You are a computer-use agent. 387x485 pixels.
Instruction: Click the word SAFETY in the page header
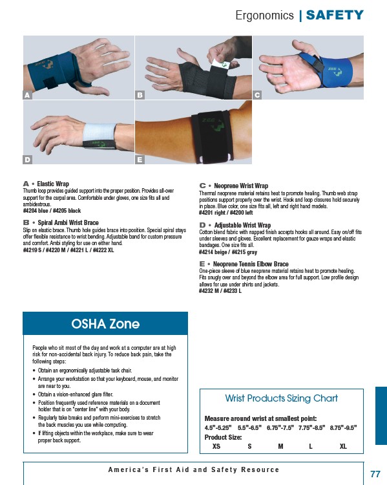click(335, 15)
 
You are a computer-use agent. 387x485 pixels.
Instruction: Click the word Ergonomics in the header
click(265, 16)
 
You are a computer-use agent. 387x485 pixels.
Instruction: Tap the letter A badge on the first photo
click(27, 95)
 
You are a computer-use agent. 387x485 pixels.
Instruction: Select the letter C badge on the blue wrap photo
click(257, 95)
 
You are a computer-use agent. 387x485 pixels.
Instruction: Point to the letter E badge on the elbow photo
click(140, 160)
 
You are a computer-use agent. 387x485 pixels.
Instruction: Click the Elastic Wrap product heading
click(53, 184)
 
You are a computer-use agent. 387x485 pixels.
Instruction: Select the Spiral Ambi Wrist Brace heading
click(68, 222)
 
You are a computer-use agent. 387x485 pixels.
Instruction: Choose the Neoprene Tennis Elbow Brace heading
click(251, 264)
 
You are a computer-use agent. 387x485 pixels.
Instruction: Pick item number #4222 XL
click(103, 250)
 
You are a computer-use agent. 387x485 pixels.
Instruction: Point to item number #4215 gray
click(244, 252)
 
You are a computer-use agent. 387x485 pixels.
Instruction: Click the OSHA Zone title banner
click(105, 323)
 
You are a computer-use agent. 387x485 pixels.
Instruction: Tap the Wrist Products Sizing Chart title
click(281, 398)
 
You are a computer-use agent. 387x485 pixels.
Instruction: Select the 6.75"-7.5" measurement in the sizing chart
click(280, 428)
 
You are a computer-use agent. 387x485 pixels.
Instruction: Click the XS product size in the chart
click(216, 446)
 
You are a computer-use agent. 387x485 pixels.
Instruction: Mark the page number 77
click(375, 474)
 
